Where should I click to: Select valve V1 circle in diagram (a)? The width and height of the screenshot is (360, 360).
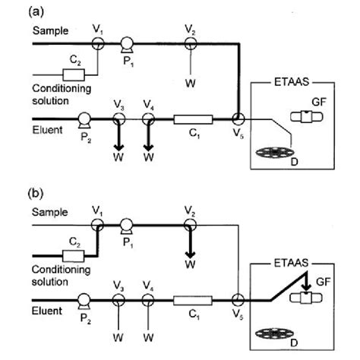pyautogui.click(x=97, y=44)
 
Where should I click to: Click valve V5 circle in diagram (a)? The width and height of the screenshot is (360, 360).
pyautogui.click(x=238, y=119)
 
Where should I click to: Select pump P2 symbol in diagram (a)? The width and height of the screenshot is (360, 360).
pyautogui.click(x=83, y=119)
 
